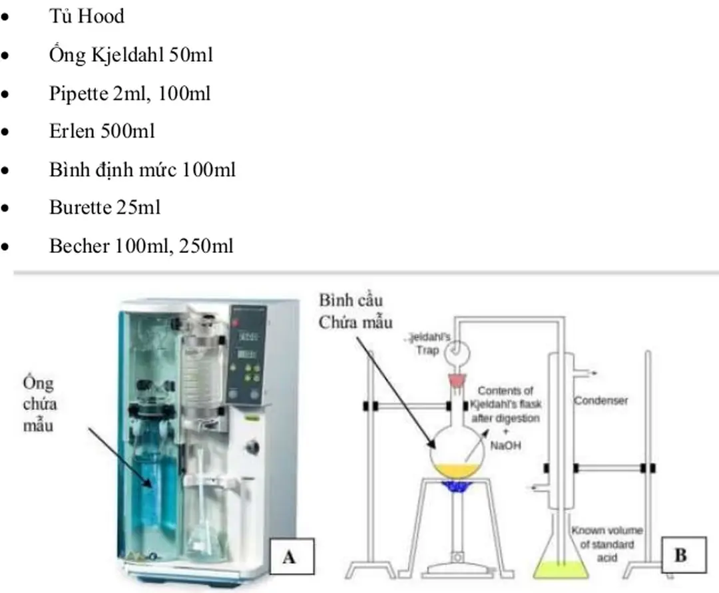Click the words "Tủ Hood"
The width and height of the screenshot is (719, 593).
(x=87, y=16)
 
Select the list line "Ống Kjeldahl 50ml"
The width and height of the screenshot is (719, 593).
(x=130, y=55)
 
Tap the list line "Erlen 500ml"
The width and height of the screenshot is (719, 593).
(x=101, y=131)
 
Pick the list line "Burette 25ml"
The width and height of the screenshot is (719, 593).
(x=105, y=207)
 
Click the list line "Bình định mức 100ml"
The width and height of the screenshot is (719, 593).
(x=142, y=169)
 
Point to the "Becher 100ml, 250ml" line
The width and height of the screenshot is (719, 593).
(x=141, y=246)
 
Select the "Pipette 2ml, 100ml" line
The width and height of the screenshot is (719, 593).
(x=129, y=93)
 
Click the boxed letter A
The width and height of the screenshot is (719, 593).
(x=289, y=556)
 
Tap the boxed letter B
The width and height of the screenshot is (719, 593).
(x=680, y=554)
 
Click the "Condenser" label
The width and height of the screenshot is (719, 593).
(x=601, y=401)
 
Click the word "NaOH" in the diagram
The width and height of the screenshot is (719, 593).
(x=507, y=445)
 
